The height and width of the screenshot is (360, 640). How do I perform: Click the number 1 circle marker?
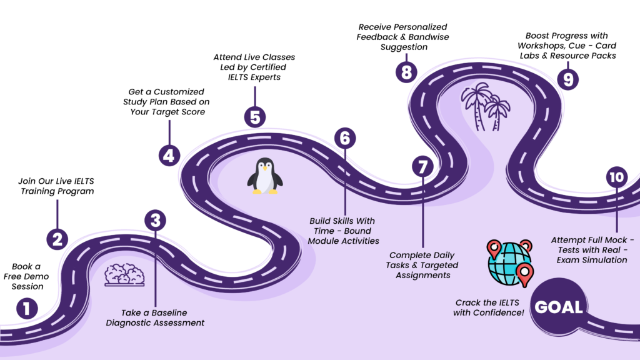[x=27, y=309]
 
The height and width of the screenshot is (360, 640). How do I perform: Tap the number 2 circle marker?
[x=57, y=238]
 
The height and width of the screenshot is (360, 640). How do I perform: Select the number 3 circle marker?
[x=156, y=220]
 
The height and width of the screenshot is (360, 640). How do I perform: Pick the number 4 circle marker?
[x=169, y=154]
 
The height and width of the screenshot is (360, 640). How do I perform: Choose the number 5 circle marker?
[x=254, y=117]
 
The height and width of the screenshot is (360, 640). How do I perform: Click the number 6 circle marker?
[x=344, y=138]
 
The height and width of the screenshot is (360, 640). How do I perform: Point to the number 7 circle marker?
[x=422, y=167]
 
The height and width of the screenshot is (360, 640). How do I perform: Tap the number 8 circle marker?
[x=406, y=72]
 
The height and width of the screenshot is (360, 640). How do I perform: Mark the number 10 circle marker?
[x=616, y=177]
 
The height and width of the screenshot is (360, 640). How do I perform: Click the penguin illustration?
[x=264, y=176]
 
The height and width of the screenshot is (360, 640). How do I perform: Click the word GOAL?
[x=559, y=307]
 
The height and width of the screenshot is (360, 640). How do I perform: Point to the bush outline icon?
[x=124, y=274]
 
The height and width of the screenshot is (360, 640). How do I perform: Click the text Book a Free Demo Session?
[x=27, y=276]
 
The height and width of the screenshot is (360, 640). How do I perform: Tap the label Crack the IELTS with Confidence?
[x=489, y=307]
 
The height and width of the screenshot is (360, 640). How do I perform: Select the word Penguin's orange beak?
[x=266, y=168]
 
